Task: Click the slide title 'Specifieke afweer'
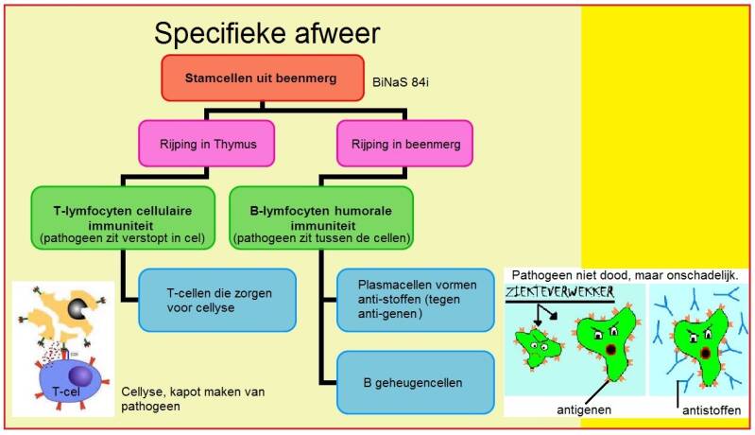point(266,34)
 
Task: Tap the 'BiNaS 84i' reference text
point(409,82)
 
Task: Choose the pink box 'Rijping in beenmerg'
point(404,143)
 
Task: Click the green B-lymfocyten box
point(320,217)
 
